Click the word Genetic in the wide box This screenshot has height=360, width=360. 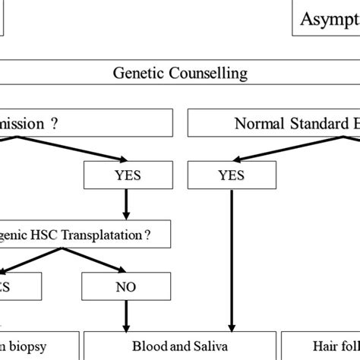pos(137,74)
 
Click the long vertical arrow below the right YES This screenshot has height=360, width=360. pos(231,258)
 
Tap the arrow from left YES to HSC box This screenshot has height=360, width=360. pos(125,205)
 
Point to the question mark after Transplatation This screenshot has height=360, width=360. pos(147,235)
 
